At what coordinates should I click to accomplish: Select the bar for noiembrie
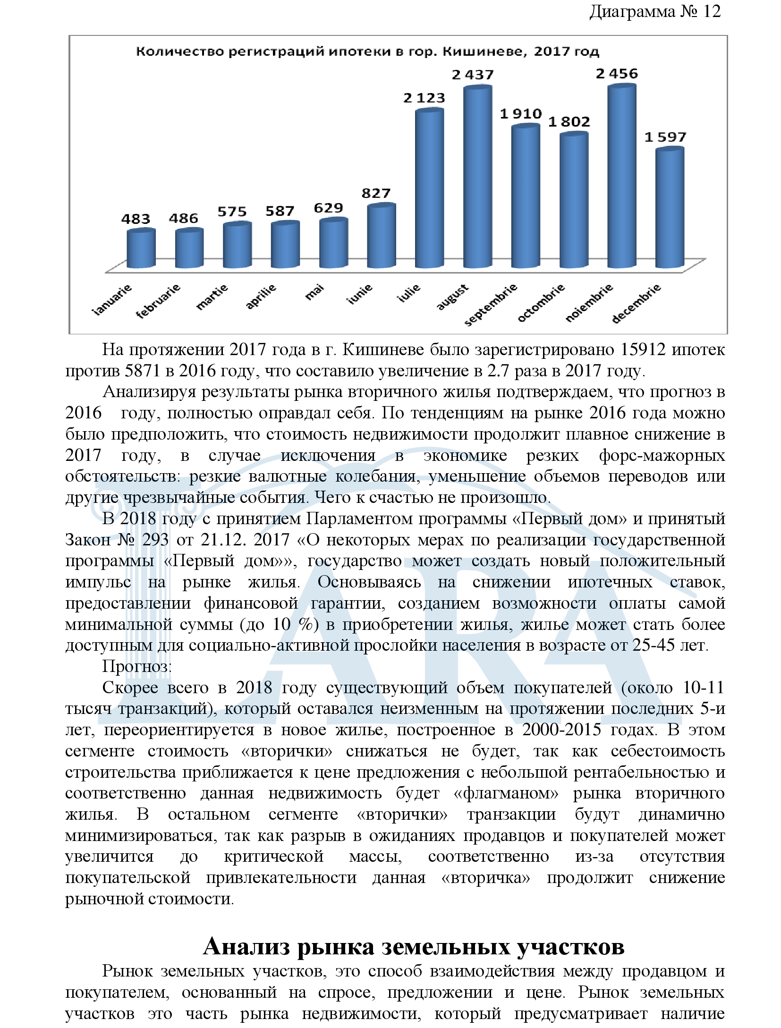tap(621, 179)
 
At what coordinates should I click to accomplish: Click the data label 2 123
tap(424, 98)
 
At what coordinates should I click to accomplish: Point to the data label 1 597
tap(665, 137)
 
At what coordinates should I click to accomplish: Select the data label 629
tap(328, 208)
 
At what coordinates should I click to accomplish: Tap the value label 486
tap(184, 218)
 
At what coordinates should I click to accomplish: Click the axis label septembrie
tap(491, 305)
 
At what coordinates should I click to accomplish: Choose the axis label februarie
tap(158, 301)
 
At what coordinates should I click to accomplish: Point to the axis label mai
tap(315, 292)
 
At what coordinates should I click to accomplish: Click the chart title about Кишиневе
tap(367, 51)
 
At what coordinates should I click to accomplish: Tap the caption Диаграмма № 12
tap(655, 11)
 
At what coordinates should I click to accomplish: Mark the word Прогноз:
tap(137, 666)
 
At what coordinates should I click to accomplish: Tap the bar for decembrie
tap(670, 210)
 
